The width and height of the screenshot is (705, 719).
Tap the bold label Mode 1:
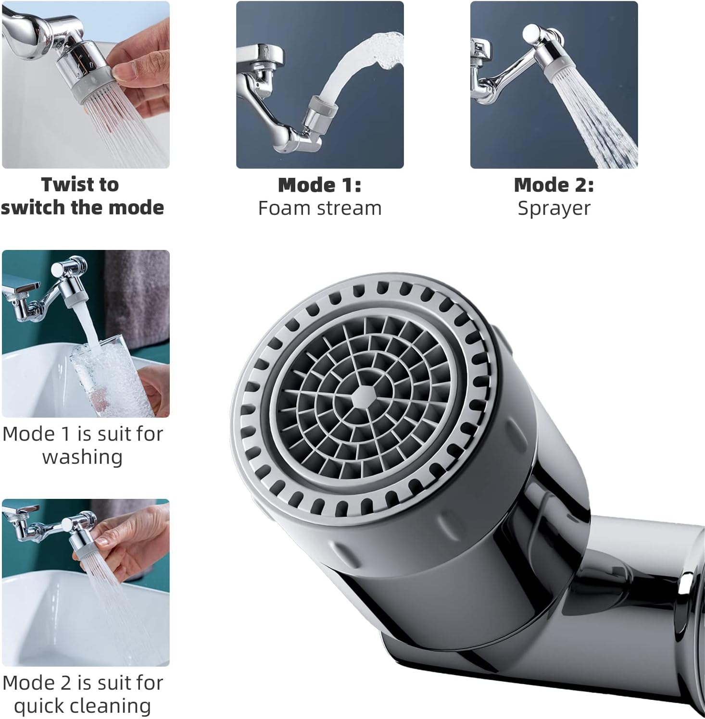pyautogui.click(x=320, y=185)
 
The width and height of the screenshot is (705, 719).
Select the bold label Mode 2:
pyautogui.click(x=554, y=185)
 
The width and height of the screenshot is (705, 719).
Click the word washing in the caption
pyautogui.click(x=83, y=457)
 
